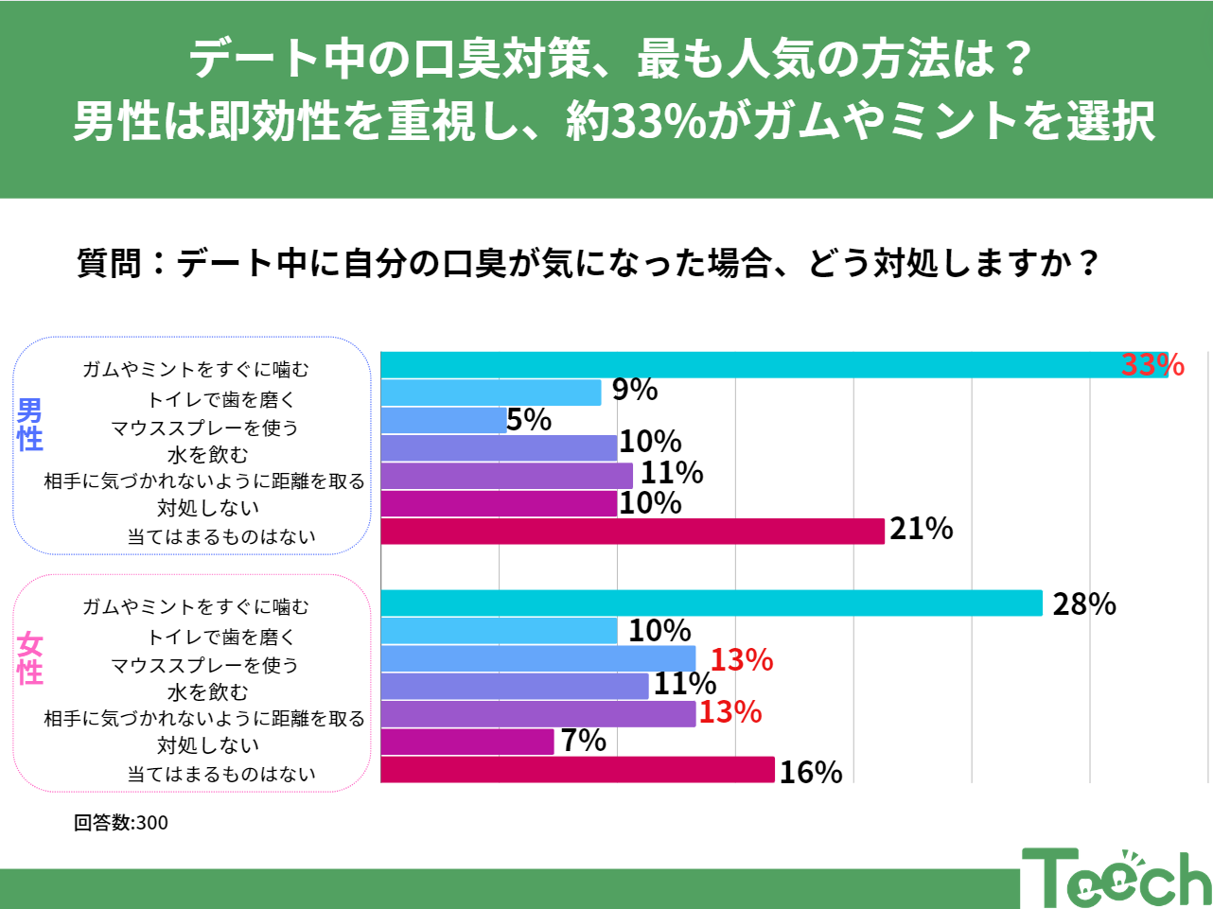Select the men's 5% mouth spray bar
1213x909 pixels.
443,421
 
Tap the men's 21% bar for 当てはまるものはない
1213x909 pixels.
632,532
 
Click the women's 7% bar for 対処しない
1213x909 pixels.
467,742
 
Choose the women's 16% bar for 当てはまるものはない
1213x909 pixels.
577,770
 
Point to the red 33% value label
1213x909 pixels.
1152,365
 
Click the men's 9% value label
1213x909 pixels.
635,389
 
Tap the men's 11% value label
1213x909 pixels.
672,472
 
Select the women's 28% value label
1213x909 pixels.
1084,603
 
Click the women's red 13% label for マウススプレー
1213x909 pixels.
742,659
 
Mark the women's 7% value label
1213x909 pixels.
584,740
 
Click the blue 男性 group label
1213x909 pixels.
30,425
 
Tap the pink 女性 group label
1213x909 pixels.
30,659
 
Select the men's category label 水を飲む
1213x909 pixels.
208,455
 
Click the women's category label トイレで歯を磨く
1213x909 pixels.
221,637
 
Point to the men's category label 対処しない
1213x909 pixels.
208,508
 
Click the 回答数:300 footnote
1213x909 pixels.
121,823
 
